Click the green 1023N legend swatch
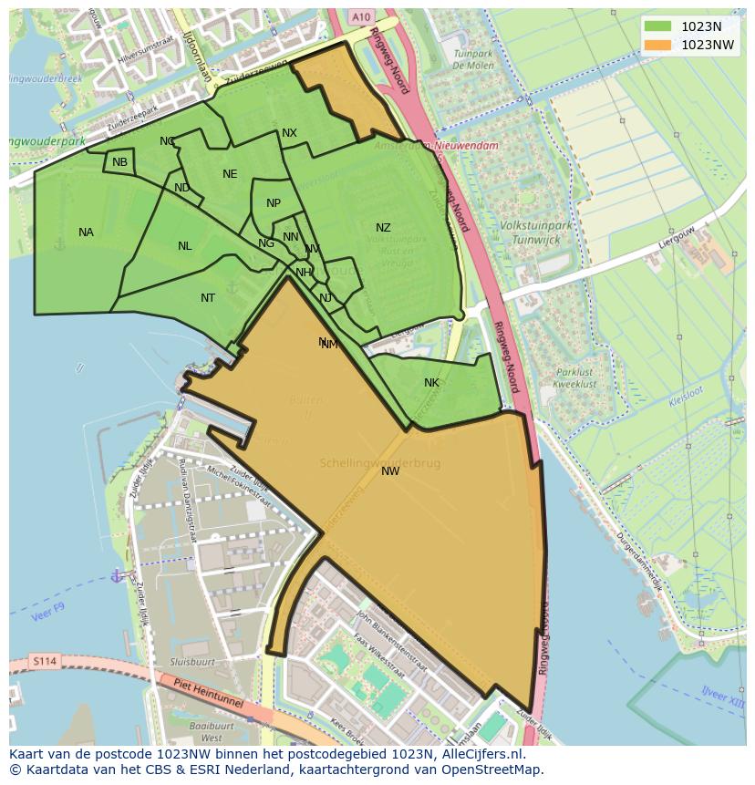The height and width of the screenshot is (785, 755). pos(657,26)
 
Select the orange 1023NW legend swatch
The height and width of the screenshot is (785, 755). pos(657,45)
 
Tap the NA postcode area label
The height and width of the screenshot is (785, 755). pos(86,232)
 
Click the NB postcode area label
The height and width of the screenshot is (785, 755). pos(119,162)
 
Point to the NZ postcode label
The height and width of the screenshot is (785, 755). pos(383,228)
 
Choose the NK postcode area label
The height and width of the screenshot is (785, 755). pos(431,383)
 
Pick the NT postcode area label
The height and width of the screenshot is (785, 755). pos(208,298)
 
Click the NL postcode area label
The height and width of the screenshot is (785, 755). pos(185,246)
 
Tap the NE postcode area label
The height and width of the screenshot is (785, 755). pos(230,174)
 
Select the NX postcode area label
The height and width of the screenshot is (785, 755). pos(289,133)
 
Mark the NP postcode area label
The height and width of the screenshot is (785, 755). pos(274,203)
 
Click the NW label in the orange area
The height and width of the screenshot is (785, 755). pos(390,471)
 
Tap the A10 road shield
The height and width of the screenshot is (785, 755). pos(361,17)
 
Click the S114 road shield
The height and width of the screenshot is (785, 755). pos(42,661)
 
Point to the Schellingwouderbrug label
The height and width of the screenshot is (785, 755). pos(380,463)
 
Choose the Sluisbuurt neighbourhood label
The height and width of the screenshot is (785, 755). pos(192,662)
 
